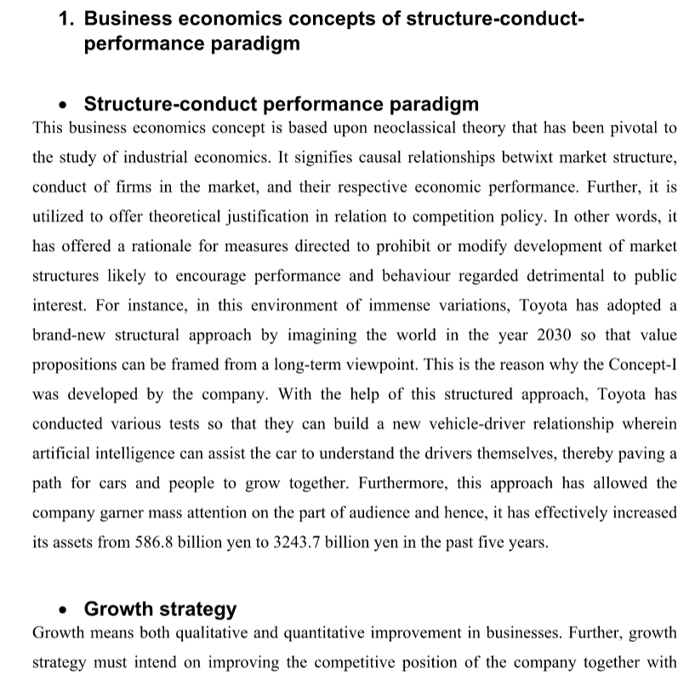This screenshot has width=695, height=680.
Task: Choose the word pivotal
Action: point(607,129)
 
